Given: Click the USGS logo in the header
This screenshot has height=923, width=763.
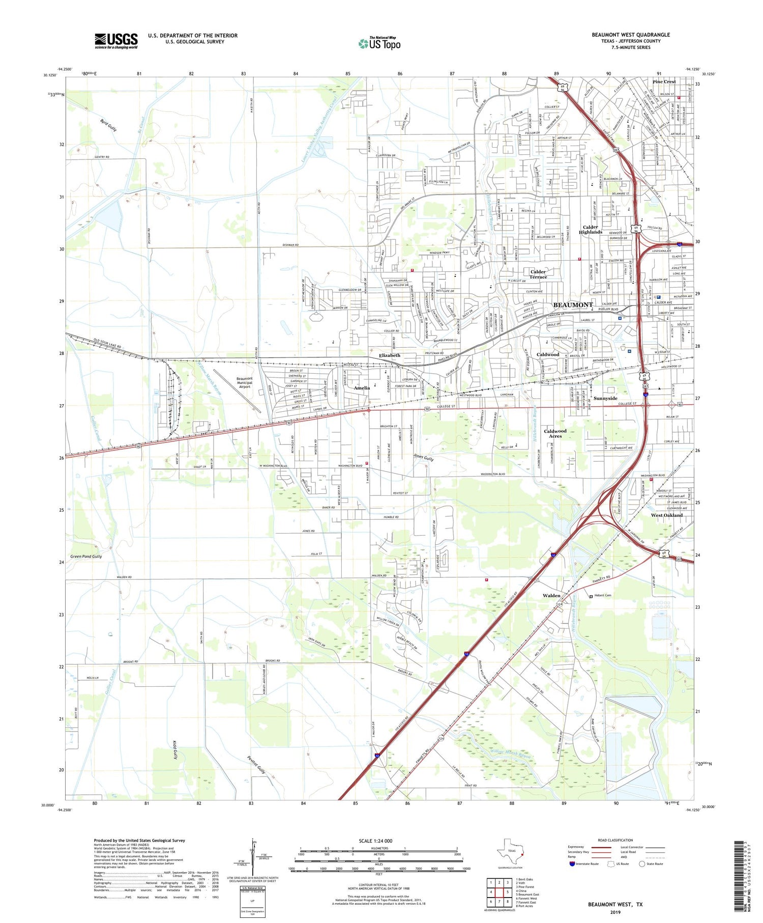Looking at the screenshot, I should [x=116, y=41].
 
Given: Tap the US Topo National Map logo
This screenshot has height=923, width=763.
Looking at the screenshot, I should [x=379, y=43].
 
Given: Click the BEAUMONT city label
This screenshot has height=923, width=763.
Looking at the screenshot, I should [x=573, y=304].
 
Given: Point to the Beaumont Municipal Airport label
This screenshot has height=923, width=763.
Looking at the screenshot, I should [x=245, y=382].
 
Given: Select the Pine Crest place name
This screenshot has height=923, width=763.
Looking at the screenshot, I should [x=664, y=81].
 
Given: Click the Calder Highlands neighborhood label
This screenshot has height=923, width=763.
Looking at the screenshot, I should [x=590, y=230].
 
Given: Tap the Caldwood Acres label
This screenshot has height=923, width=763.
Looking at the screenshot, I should [x=555, y=433].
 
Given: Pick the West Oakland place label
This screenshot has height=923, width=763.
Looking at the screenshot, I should [x=666, y=515].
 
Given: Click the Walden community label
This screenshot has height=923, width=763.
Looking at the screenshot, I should [x=551, y=595].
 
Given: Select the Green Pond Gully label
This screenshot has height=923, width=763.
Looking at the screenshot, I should [x=86, y=556].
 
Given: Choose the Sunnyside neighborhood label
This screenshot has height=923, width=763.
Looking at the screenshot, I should [x=605, y=398].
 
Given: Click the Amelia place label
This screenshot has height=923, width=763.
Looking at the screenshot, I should [x=362, y=388].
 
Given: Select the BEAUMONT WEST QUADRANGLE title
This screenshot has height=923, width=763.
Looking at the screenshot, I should [x=630, y=35].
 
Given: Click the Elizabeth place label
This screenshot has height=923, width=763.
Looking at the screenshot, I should [x=389, y=355].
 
